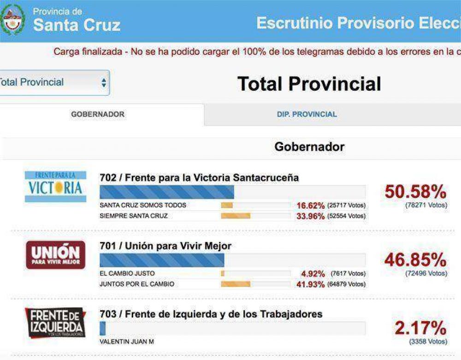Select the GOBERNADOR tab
98,114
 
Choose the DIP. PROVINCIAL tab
307,114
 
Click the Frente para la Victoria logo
55,187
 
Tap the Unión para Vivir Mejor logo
55,255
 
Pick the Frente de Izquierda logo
55,322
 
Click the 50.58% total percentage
415,192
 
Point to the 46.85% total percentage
415,260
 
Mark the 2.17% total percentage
420,328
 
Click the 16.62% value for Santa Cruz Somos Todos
310,206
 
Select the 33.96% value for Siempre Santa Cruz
310,216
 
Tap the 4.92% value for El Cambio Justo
313,274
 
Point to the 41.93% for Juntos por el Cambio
310,284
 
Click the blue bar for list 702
167,192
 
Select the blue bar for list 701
162,260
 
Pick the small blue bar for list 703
103,328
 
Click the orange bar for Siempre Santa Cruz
236,216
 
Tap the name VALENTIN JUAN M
127,342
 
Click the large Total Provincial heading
309,84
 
